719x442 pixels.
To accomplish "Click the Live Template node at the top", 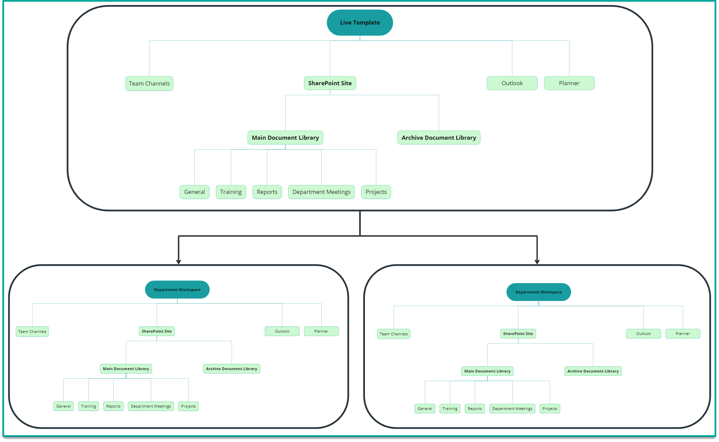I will (x=360, y=22).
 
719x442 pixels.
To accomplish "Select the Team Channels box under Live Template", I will (x=149, y=83).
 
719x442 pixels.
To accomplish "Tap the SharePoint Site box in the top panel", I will (x=330, y=83).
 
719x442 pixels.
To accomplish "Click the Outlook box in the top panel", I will (x=512, y=83).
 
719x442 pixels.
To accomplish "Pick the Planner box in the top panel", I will (x=569, y=83).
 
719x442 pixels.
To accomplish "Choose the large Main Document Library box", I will (x=285, y=138).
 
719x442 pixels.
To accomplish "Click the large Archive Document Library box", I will (x=439, y=138).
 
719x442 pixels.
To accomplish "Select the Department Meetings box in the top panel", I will (x=321, y=192).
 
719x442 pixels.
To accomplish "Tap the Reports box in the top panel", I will (x=267, y=192).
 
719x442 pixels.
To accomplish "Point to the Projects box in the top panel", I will (x=376, y=192).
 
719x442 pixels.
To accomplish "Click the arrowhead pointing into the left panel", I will (x=179, y=261).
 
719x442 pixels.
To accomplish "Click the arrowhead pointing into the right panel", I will (x=537, y=261).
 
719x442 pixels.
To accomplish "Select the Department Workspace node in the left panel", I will (x=177, y=290).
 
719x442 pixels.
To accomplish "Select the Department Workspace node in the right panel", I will (x=538, y=292).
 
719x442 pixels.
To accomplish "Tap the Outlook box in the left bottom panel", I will (x=282, y=331).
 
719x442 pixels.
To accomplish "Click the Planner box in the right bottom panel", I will (x=683, y=334).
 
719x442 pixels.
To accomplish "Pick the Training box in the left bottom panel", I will (x=88, y=406).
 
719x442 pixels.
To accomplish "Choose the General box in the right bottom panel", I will (x=425, y=409).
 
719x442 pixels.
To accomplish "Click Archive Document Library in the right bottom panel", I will (x=593, y=371).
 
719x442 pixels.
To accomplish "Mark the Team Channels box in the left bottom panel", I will (x=32, y=332).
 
